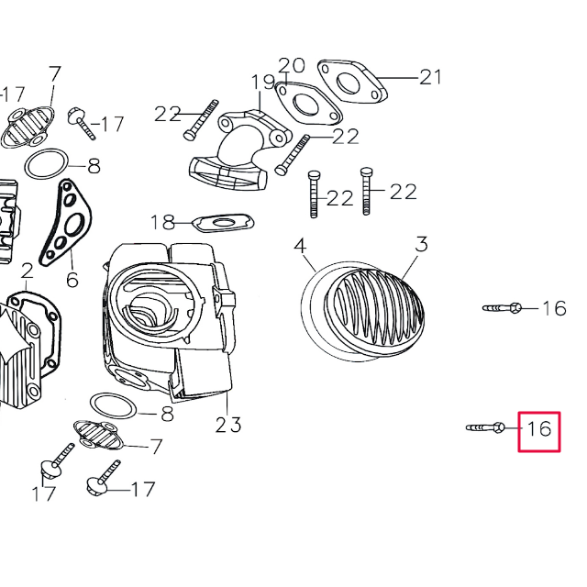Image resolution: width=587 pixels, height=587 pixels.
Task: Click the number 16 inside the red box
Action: tap(539, 428)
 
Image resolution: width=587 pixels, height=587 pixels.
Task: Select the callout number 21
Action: tap(430, 77)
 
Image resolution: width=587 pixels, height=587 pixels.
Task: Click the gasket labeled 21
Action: tap(351, 81)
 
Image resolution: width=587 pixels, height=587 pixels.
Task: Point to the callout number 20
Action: tap(291, 65)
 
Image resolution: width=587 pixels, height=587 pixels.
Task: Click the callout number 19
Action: tap(263, 82)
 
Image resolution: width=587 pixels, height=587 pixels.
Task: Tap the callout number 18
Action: tap(162, 222)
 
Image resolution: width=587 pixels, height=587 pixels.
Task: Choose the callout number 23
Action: tap(228, 424)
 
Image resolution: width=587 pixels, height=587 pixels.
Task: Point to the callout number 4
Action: tap(300, 246)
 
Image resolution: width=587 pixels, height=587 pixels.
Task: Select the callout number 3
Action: tap(421, 244)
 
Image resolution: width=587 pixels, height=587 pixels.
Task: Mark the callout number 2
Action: tap(27, 271)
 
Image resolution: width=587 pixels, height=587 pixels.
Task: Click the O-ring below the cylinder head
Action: tap(114, 405)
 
